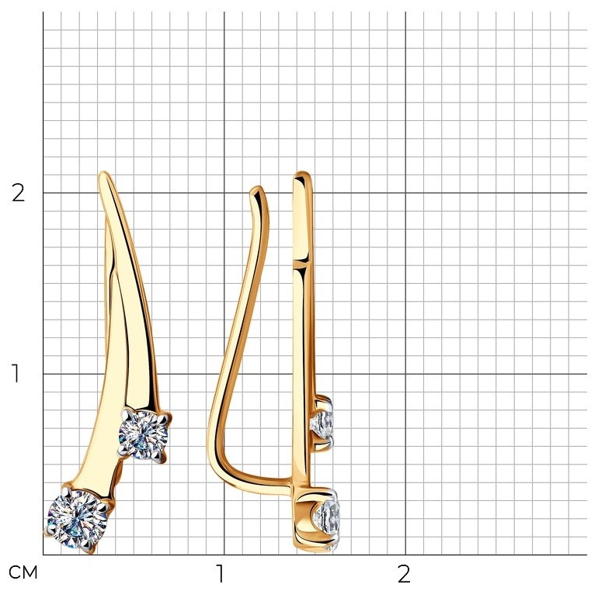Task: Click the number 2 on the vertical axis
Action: [18, 193]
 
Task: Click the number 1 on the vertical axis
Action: [16, 374]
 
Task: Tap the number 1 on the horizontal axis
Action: [220, 573]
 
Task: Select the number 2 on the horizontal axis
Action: [404, 573]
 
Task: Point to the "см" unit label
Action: [23, 572]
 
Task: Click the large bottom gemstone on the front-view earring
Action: [78, 520]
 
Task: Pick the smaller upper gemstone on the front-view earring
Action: [143, 435]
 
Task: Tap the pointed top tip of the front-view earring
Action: [103, 173]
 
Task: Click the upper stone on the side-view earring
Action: [322, 422]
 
